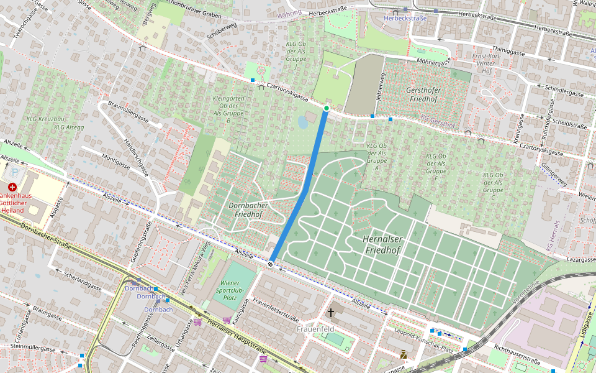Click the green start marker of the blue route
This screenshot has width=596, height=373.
[326, 109]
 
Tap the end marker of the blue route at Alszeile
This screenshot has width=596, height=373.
[271, 264]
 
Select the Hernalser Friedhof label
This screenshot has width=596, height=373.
[382, 244]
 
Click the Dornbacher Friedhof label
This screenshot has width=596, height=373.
[248, 210]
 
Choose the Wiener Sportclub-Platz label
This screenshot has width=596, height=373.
[229, 290]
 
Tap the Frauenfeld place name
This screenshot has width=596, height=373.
[315, 328]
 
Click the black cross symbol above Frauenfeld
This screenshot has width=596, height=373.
[331, 313]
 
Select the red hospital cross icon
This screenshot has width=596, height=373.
[12, 187]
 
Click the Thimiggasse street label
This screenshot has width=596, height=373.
[508, 50]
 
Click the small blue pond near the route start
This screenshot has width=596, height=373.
[303, 122]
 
